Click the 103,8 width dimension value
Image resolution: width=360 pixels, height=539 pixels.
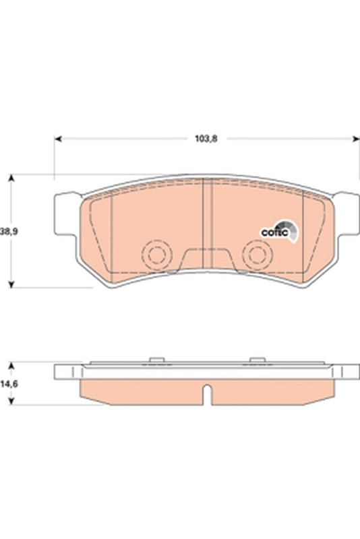pos(207,138)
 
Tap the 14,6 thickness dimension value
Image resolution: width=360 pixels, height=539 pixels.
pos(9,384)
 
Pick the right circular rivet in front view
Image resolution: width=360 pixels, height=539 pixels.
pos(257,255)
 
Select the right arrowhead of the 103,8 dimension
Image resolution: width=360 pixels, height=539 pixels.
pos(355,139)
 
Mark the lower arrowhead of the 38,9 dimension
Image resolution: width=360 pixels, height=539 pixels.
pos(10,284)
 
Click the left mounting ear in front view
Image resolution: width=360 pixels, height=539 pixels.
pos(66,214)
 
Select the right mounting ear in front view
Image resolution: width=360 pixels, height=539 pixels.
pos(347,214)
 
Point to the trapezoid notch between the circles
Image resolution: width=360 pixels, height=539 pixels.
pos(207,260)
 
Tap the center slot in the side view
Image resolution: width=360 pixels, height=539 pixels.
pos(208,394)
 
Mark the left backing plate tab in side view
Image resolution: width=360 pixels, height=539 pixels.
pos(67,372)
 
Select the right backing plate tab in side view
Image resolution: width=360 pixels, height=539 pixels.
pos(347,372)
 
